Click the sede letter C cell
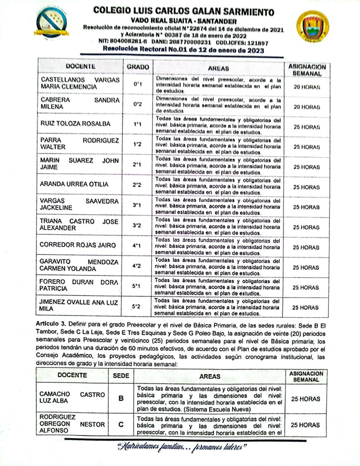point(120,424)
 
